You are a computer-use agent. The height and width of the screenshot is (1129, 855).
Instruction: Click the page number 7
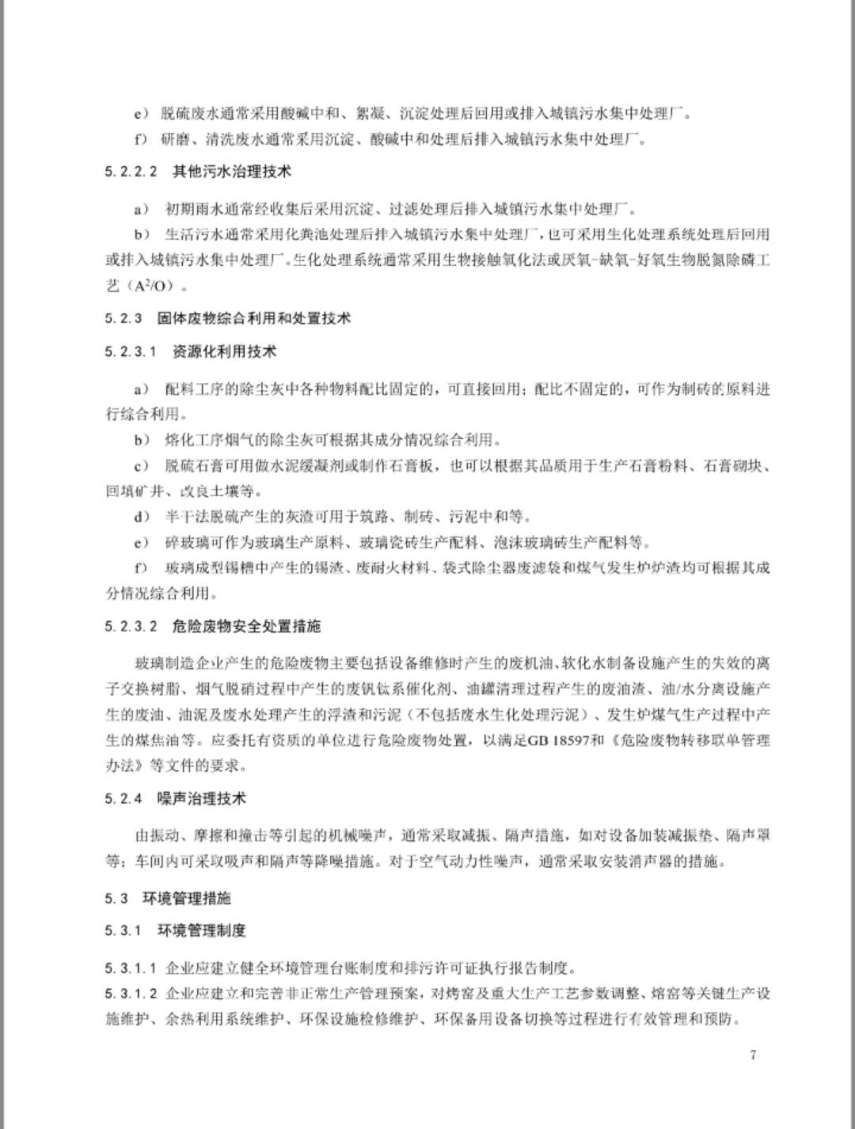(x=753, y=1055)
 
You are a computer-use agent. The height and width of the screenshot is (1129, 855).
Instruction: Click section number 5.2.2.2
(x=131, y=172)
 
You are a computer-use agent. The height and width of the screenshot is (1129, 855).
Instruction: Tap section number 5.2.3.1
(x=131, y=352)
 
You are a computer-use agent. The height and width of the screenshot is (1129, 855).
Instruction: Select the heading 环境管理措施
(x=187, y=899)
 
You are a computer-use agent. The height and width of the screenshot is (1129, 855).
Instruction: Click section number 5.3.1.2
(x=131, y=994)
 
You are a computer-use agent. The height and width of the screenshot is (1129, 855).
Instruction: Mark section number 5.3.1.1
(x=131, y=968)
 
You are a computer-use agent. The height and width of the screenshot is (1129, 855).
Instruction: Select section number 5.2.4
(x=123, y=799)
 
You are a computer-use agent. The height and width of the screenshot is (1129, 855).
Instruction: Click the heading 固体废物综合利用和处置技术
(x=253, y=319)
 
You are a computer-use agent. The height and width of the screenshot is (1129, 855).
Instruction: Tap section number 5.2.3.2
(x=131, y=627)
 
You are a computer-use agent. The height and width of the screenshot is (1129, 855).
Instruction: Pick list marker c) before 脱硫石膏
(x=142, y=466)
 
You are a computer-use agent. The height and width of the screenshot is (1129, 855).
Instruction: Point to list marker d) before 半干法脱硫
(x=142, y=517)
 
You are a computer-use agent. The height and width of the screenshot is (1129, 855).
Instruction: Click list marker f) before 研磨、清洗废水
(x=142, y=140)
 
